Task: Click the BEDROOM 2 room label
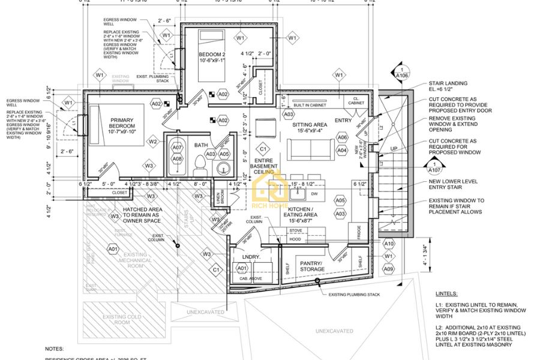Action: (212, 57)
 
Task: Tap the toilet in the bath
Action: (199, 163)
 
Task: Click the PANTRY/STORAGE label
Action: (312, 266)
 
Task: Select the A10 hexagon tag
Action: (389, 244)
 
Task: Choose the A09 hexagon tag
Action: (389, 269)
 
